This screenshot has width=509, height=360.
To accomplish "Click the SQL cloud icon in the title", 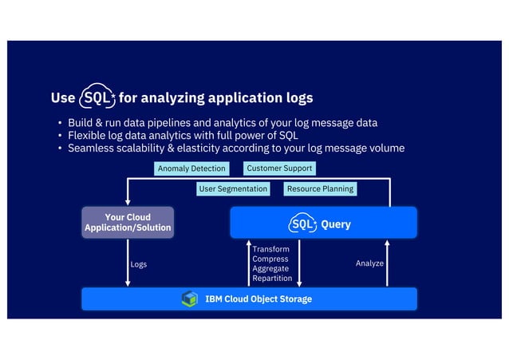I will (x=98, y=98).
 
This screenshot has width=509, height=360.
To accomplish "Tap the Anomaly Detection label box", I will (x=191, y=168).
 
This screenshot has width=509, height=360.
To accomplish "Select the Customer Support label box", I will (x=278, y=168).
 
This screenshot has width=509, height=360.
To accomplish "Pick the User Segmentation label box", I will (x=233, y=189).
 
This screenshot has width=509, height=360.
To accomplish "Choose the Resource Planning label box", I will (x=320, y=189).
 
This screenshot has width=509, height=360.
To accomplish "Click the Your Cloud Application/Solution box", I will (x=128, y=223).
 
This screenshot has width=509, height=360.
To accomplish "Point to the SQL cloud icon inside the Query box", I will (x=302, y=224).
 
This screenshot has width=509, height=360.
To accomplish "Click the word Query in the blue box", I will (x=336, y=224).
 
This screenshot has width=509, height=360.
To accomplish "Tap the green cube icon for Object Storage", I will (x=189, y=299).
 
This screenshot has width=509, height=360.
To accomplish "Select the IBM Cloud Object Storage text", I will (x=258, y=299).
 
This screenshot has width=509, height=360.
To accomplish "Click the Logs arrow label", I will (x=138, y=264).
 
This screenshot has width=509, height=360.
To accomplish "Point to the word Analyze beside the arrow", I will (x=369, y=263).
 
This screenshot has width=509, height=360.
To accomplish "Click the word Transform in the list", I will (x=270, y=250).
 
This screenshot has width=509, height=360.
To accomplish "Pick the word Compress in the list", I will (x=270, y=259).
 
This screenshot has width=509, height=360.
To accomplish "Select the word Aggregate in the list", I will (x=270, y=269).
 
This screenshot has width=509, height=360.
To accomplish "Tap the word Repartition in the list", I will (x=272, y=279).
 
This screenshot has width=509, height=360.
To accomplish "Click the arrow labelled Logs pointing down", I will (x=128, y=263).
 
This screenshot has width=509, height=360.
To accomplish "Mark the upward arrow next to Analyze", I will (x=388, y=263).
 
